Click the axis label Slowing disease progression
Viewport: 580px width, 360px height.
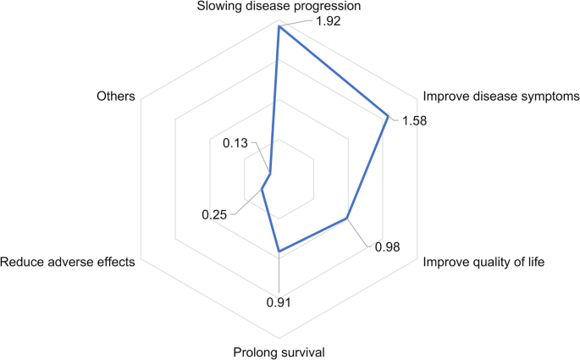(279, 7)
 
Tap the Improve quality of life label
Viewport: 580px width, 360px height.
(483, 263)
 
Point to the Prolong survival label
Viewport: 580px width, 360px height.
(279, 352)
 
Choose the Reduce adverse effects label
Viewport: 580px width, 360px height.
(69, 263)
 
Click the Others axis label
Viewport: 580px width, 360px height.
(116, 96)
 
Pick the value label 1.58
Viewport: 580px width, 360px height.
(415, 120)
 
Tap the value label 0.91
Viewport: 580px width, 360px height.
(279, 301)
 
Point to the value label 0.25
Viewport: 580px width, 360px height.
(214, 215)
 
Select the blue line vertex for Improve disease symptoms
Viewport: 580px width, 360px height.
(388, 116)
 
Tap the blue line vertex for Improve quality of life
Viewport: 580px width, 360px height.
(347, 219)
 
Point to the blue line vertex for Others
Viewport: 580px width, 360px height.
(270, 174)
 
